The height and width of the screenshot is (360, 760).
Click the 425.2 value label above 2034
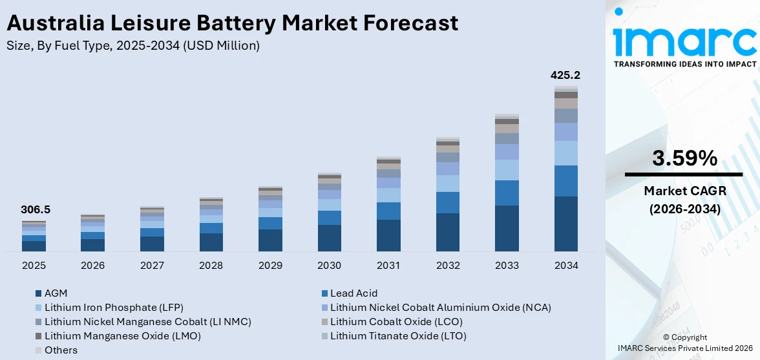click(565, 76)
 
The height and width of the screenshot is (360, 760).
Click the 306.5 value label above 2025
click(36, 209)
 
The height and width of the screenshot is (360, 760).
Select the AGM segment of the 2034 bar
click(565, 224)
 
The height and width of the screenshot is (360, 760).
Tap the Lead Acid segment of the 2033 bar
click(507, 193)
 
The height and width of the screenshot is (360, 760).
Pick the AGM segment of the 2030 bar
click(330, 238)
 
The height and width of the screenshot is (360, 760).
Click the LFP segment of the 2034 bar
click(565, 153)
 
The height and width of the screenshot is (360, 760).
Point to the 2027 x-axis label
click(152, 266)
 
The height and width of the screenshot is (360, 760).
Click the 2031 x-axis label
click(388, 266)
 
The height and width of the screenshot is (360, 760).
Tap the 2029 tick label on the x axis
click(270, 266)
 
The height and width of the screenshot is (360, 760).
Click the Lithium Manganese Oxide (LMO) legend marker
click(39, 336)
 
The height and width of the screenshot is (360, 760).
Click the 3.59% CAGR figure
click(684, 158)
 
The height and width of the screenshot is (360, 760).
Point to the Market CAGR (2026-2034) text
click(684, 200)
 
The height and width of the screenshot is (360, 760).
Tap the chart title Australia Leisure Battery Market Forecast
click(232, 23)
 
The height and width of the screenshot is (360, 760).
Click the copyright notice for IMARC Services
click(684, 343)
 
